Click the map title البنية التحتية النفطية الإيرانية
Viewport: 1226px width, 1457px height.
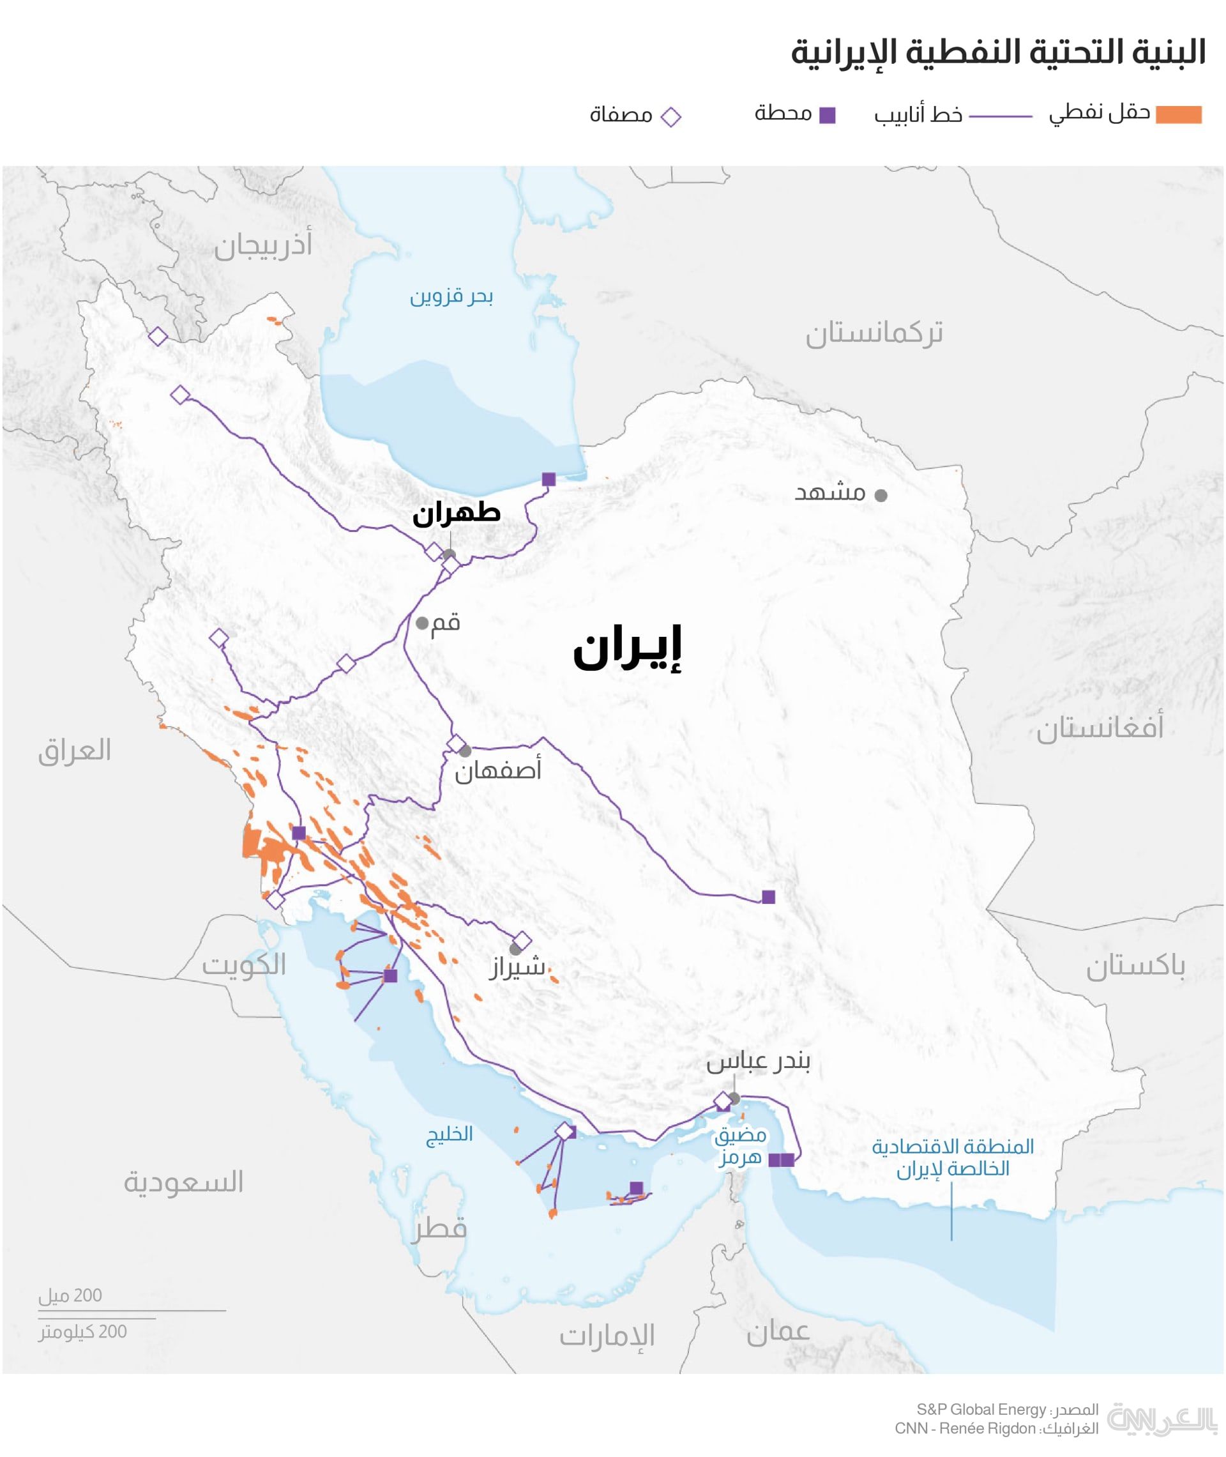pos(998,53)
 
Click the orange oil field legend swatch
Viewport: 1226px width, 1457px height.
pos(1179,115)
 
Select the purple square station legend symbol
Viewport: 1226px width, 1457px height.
pos(827,116)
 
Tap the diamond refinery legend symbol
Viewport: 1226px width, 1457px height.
pos(670,117)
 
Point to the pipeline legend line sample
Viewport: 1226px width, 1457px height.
pos(1000,117)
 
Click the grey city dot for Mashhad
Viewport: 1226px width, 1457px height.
pos(881,496)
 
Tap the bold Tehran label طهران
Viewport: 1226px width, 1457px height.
pos(456,513)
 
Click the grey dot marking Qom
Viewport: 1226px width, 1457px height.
pos(422,623)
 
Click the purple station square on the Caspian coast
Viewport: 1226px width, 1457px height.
pos(549,479)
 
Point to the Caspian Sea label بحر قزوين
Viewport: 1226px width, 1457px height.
pos(451,297)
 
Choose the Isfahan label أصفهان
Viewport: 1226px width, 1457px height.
pos(497,771)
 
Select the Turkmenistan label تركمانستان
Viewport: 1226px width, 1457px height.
pos(874,333)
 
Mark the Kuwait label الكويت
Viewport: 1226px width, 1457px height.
pos(244,965)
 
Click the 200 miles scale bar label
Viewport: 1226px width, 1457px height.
pos(70,1295)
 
